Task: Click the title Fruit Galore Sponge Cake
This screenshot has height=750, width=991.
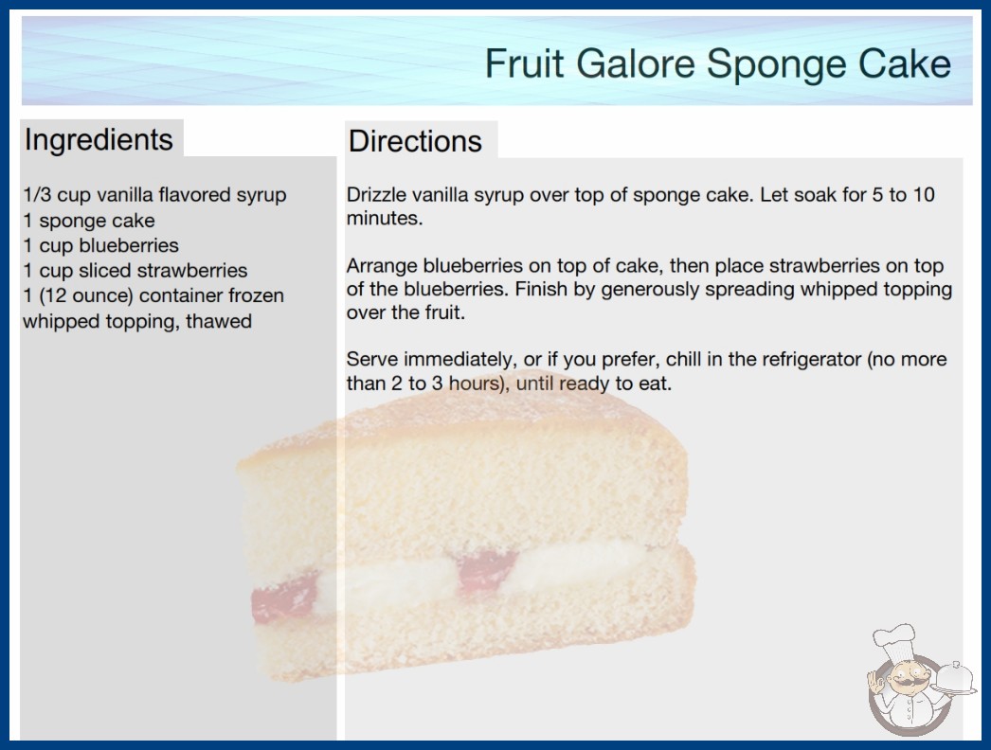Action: coord(717,63)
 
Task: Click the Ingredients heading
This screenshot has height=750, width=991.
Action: coord(99,140)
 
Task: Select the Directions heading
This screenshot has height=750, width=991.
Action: coord(415,141)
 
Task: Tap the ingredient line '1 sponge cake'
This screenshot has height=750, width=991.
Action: coord(89,221)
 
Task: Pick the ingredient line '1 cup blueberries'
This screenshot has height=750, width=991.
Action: coord(101,245)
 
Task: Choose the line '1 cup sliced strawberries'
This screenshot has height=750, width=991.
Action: coord(135,271)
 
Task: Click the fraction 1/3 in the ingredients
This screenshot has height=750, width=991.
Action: coord(37,195)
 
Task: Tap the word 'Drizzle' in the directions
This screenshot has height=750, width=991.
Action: coord(376,195)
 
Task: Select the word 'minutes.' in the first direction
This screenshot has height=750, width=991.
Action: coord(385,218)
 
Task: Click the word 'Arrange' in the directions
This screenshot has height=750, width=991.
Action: coord(382,266)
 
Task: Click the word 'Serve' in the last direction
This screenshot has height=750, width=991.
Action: coord(372,359)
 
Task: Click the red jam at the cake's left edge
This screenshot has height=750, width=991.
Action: coord(283,598)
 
